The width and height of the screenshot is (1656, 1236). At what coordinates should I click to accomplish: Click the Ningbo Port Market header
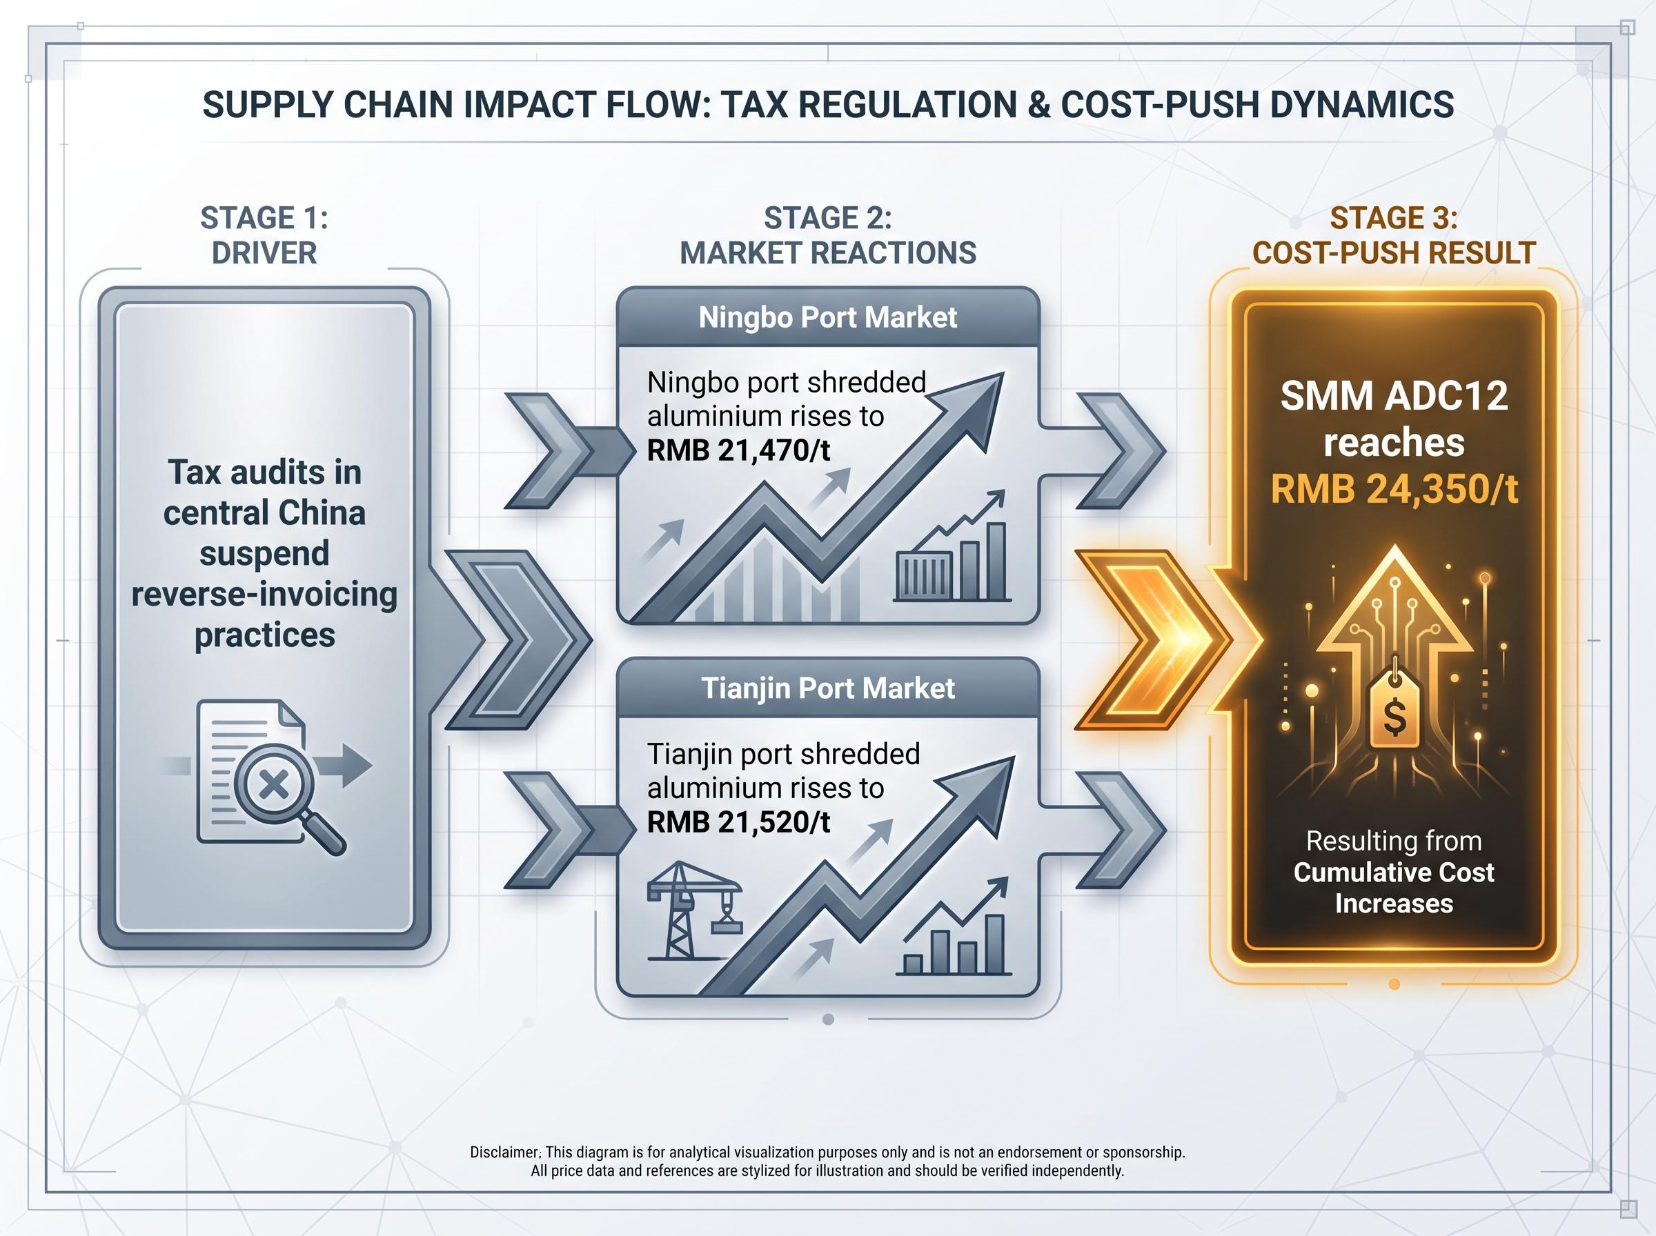click(827, 317)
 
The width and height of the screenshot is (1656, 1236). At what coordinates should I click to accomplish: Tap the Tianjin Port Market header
click(827, 688)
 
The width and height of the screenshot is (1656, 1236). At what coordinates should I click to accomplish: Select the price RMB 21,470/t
click(738, 450)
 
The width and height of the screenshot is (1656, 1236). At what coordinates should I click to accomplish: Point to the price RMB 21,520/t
click(738, 821)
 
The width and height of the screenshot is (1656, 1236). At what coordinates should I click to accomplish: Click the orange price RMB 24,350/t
click(1394, 489)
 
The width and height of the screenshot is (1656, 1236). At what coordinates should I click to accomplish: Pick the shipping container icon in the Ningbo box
click(923, 575)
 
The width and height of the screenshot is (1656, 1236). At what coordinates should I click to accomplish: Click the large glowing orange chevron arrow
click(1152, 639)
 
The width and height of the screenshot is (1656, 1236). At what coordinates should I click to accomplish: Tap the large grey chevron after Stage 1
click(519, 639)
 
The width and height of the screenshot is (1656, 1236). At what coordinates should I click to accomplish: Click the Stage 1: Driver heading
click(264, 235)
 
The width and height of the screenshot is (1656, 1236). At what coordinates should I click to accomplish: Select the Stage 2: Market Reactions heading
click(827, 235)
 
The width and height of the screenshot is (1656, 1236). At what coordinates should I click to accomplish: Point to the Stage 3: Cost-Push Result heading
click(1394, 235)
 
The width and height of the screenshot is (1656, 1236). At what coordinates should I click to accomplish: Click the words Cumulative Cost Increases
click(1394, 888)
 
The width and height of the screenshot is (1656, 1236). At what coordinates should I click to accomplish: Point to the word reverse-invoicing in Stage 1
click(264, 595)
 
